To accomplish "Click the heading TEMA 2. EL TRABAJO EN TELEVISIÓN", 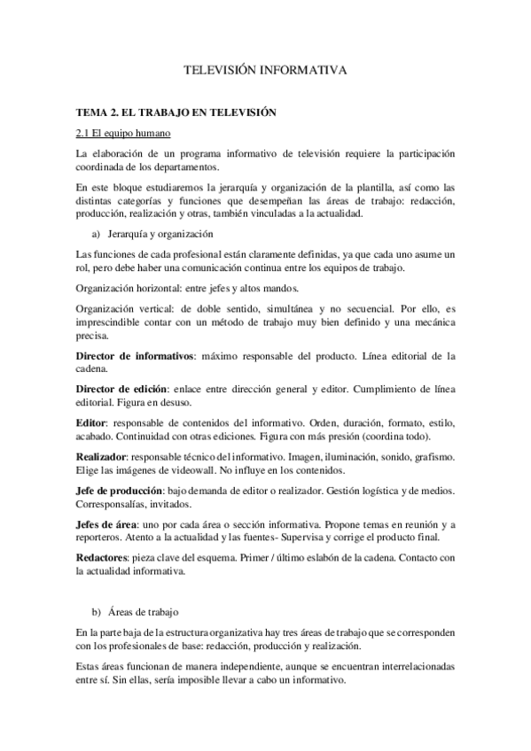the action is pos(177,112).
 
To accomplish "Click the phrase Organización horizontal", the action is pos(129,289).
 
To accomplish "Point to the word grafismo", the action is pos(433,456).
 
